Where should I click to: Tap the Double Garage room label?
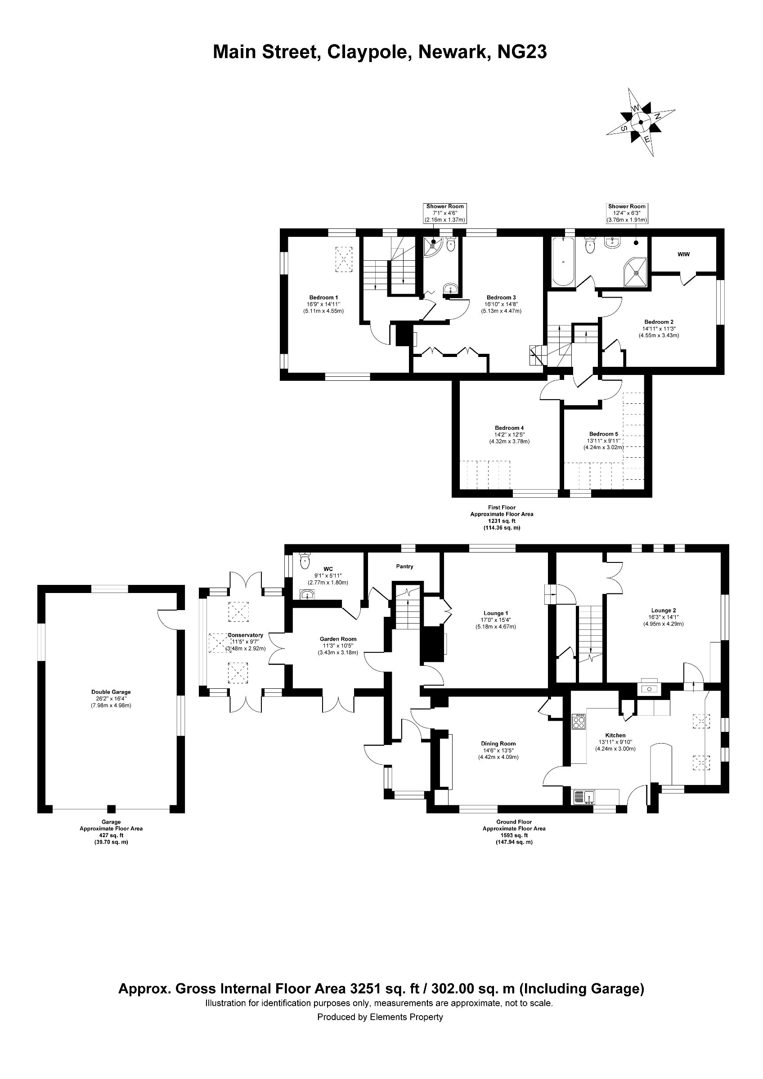[111, 692]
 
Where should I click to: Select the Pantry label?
[404, 566]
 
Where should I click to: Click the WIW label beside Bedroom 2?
[683, 254]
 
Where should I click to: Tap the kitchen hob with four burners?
[578, 722]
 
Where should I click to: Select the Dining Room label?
[498, 744]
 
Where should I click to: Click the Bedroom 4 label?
[509, 428]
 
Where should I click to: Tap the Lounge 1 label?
[496, 613]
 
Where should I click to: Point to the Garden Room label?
[338, 639]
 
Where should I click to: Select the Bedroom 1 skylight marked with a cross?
[343, 259]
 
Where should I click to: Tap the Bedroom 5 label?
[604, 434]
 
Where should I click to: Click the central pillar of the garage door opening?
[111, 809]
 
